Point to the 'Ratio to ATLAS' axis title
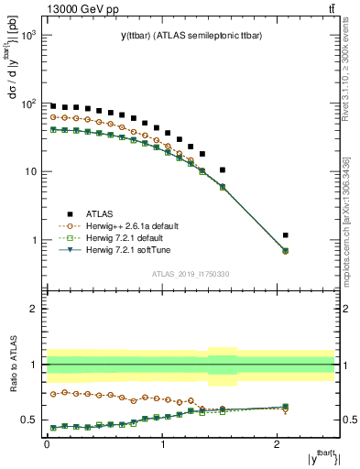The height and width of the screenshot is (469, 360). click(x=12, y=364)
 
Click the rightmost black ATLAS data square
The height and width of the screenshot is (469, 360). click(x=287, y=235)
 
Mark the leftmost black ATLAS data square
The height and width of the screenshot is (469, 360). click(x=53, y=106)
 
